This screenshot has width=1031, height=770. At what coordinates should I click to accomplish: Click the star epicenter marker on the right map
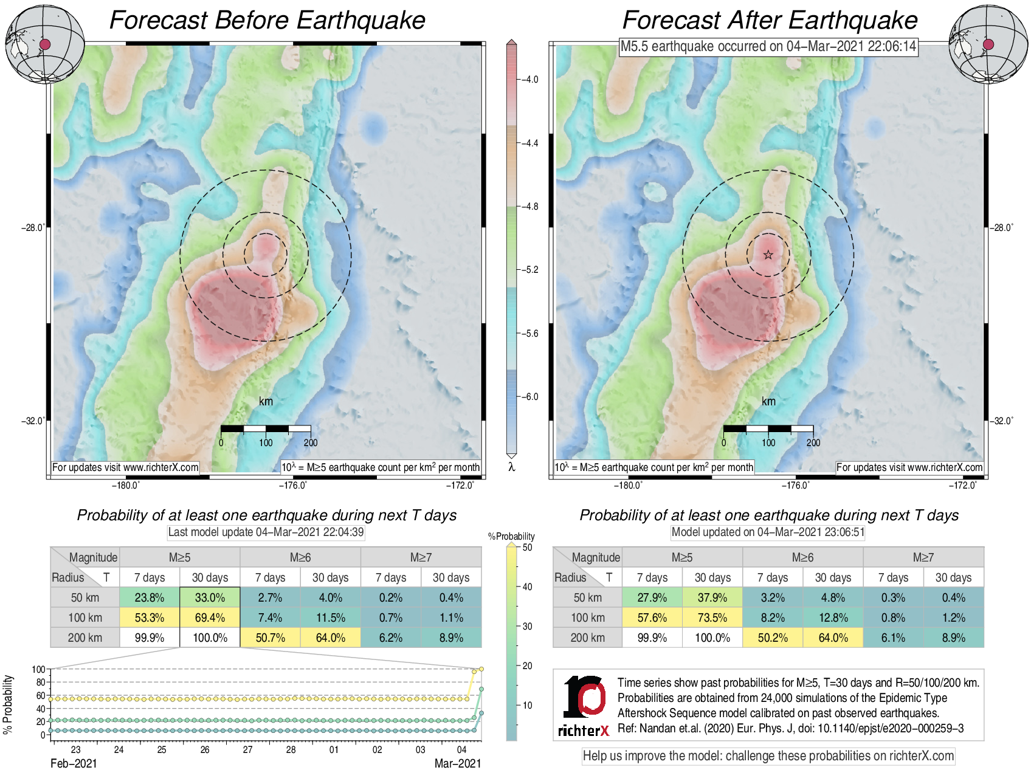tap(768, 255)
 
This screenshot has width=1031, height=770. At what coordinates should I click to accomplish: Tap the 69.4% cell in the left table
tap(210, 617)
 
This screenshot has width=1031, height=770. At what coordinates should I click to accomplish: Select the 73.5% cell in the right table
tap(712, 617)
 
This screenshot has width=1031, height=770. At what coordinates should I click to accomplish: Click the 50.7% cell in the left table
tap(270, 638)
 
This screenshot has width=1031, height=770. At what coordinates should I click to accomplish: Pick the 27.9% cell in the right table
tap(652, 597)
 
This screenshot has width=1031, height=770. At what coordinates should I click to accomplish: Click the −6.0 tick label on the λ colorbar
tap(531, 397)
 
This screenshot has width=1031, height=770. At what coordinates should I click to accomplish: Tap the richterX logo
tap(584, 706)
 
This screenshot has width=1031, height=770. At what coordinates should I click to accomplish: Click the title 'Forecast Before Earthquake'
tap(267, 20)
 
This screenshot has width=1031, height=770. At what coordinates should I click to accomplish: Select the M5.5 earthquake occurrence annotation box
tap(768, 46)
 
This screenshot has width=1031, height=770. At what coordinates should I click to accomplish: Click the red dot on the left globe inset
tap(45, 44)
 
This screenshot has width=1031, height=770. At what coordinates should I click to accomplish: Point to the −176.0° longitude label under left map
tap(293, 485)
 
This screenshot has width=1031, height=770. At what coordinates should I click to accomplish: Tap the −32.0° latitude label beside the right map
tap(1002, 421)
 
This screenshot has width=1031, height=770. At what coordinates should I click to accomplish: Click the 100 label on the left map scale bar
tap(266, 442)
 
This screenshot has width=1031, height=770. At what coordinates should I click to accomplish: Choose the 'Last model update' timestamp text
tap(266, 532)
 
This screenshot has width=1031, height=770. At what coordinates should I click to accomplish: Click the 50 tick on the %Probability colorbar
tap(526, 548)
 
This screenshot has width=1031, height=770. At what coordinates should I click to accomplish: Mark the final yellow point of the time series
tap(481, 669)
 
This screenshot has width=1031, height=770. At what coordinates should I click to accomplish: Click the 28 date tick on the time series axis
tap(291, 749)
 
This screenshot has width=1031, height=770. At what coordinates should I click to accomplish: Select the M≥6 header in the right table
tap(802, 557)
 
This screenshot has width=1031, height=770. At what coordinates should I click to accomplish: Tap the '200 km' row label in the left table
tap(85, 638)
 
